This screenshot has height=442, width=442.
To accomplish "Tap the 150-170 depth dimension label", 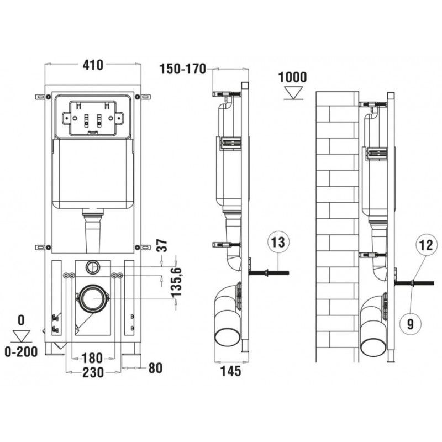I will point(182,69).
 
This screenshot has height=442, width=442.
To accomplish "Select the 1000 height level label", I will point(292,77).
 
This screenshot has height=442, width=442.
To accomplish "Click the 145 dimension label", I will point(230,371).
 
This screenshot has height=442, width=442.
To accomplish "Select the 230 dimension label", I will point(92,373).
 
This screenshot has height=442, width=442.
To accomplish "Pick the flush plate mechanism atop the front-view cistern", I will point(92,118).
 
